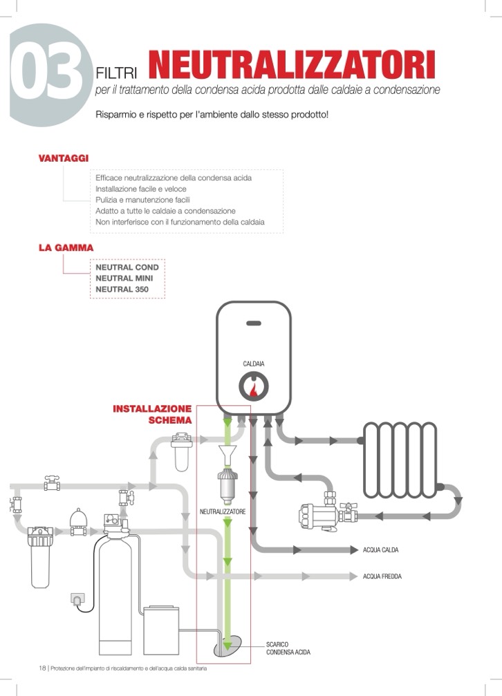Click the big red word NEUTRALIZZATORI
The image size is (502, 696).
(x=292, y=66)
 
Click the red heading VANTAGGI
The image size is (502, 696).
(x=64, y=158)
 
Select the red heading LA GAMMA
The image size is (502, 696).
(x=66, y=247)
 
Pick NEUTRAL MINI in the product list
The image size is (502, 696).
(x=125, y=278)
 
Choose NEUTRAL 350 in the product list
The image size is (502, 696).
(x=122, y=289)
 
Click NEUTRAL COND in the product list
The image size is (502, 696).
(x=127, y=267)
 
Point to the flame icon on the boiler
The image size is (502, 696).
(x=254, y=388)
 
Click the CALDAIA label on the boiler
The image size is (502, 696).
(x=254, y=364)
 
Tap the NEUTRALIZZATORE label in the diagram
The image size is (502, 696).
(x=223, y=512)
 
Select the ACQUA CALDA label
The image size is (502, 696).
(x=380, y=550)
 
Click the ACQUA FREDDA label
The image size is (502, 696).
(x=382, y=576)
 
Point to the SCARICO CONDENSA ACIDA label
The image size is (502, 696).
(x=288, y=648)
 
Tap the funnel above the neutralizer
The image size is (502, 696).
(x=227, y=456)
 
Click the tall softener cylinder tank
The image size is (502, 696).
(x=113, y=594)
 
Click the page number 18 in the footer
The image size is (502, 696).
(x=42, y=668)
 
